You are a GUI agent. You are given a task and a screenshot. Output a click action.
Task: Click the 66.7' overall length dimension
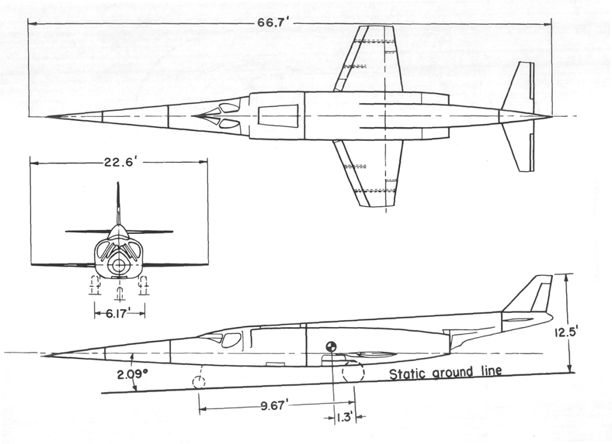pyautogui.click(x=273, y=23)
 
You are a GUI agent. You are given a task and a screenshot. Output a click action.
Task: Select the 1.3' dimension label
pyautogui.click(x=344, y=417)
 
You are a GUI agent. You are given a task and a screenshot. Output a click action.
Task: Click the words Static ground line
pyautogui.click(x=445, y=374)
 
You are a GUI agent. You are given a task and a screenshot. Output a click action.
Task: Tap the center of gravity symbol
pyautogui.click(x=332, y=347)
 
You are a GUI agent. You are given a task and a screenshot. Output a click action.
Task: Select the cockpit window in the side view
pyautogui.click(x=231, y=341)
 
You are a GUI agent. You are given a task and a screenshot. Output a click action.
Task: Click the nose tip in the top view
pyautogui.click(x=48, y=116)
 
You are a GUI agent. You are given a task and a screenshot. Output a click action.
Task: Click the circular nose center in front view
pyautogui.click(x=120, y=265)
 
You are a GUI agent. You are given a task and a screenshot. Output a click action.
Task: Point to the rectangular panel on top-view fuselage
pyautogui.click(x=278, y=116)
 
